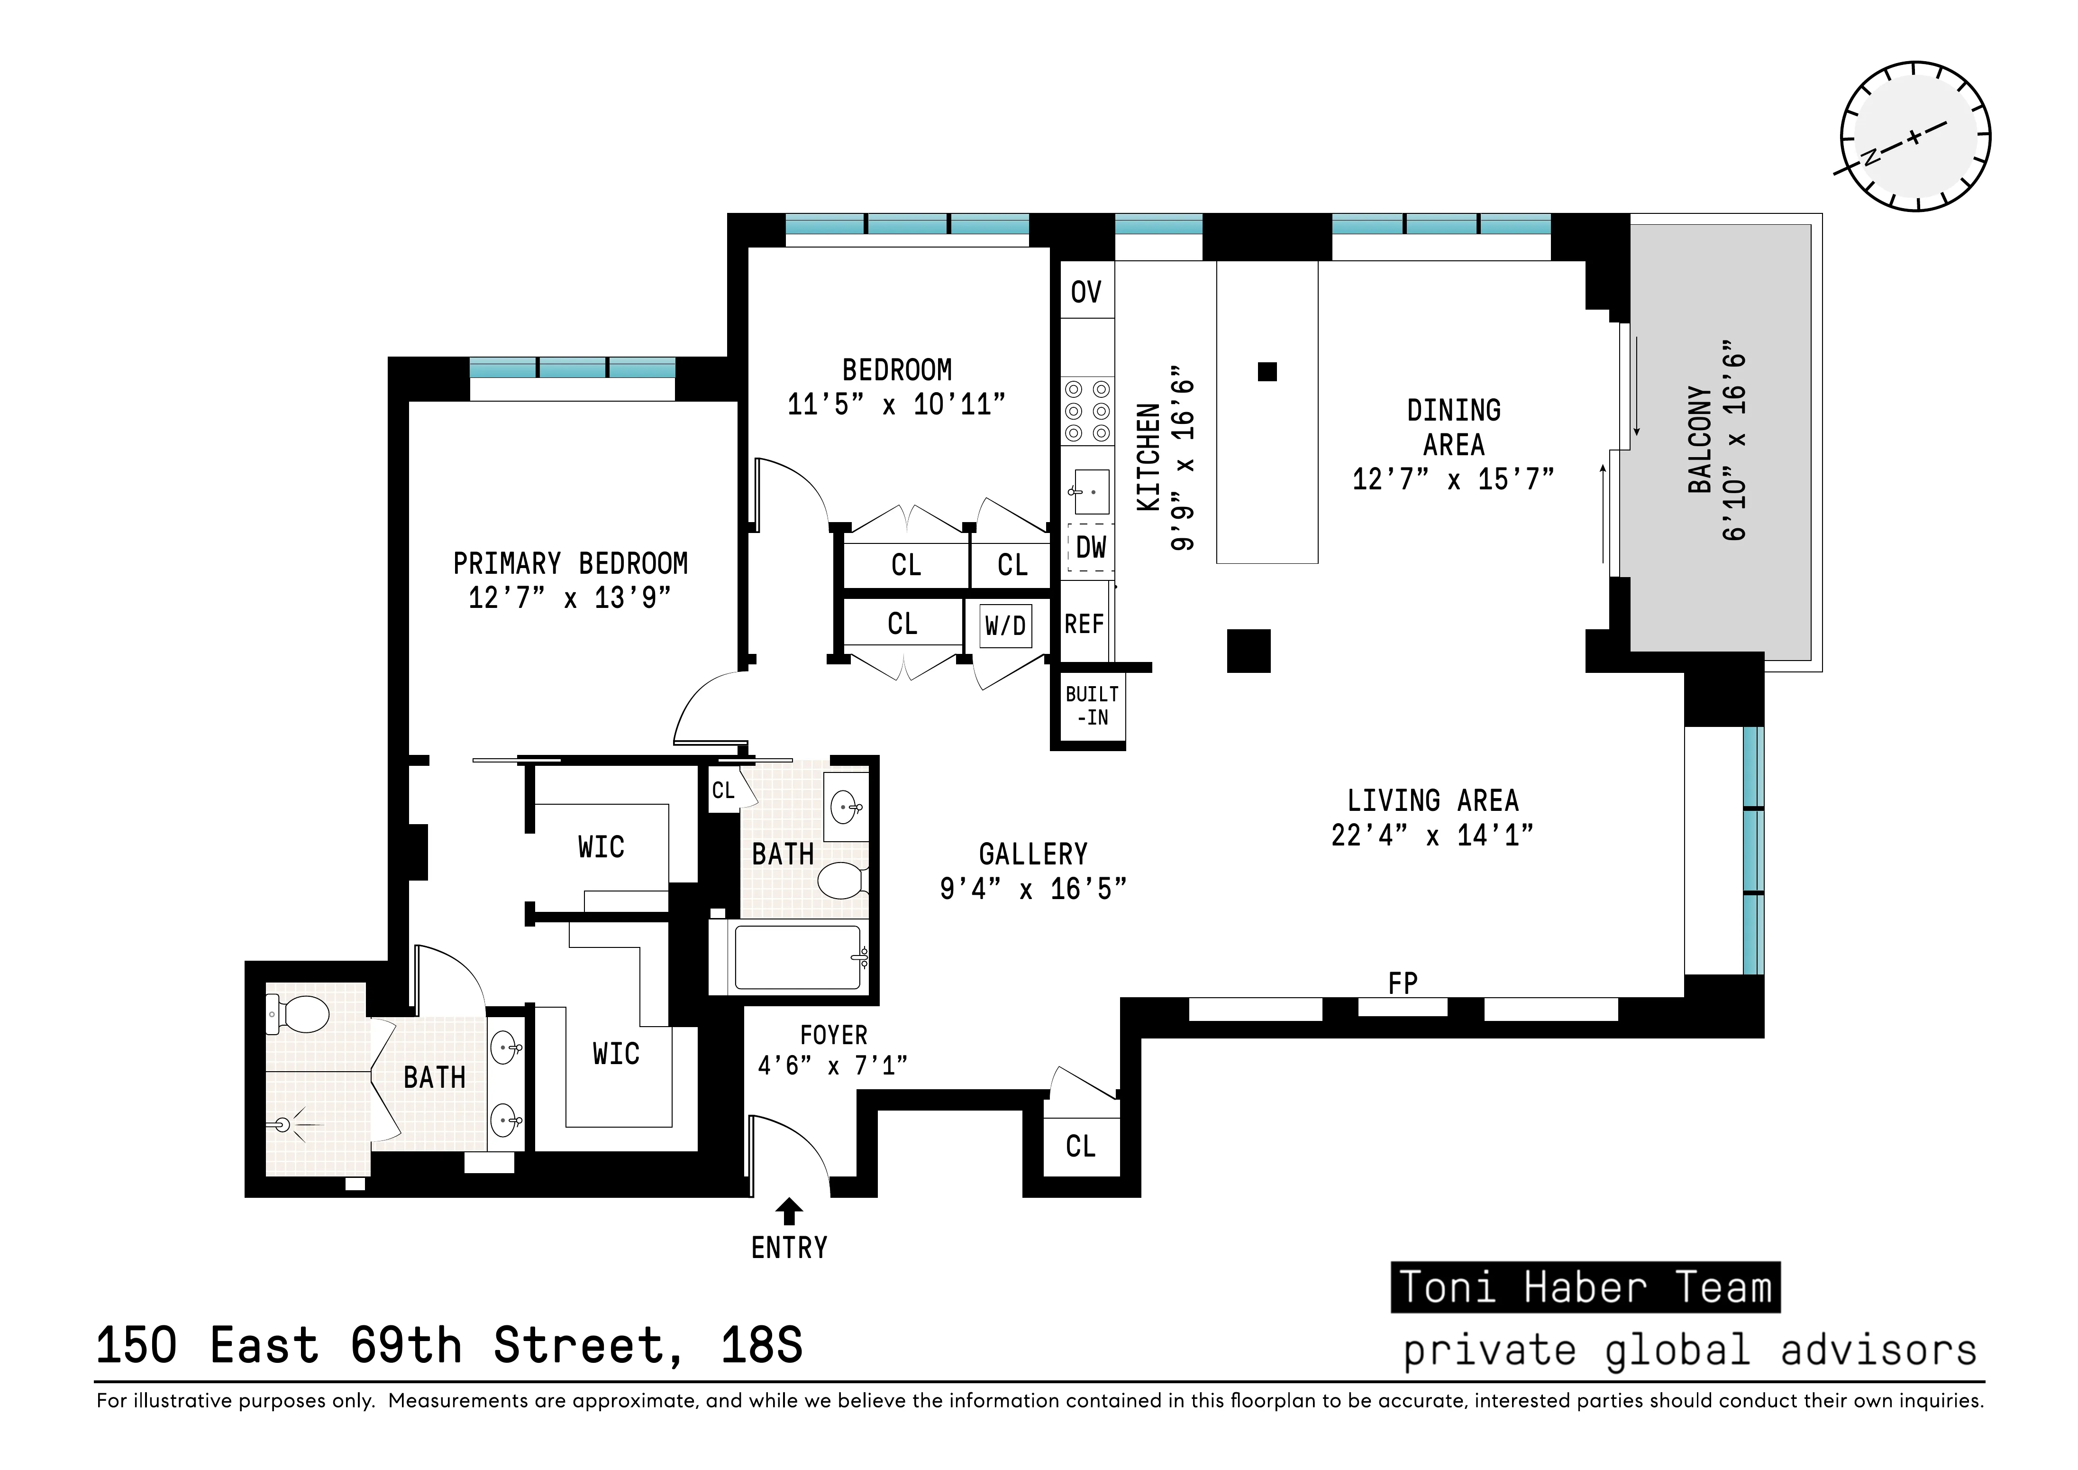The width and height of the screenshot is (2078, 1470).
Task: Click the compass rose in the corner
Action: tap(1915, 137)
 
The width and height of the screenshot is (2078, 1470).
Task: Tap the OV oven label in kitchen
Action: tap(1086, 292)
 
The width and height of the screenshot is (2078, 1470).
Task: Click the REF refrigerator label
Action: tap(1084, 625)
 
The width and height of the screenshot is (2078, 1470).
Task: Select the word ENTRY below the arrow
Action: tap(789, 1248)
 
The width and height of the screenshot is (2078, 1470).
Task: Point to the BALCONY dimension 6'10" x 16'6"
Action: tap(1734, 441)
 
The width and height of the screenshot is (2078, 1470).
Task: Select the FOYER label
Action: tap(834, 1035)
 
